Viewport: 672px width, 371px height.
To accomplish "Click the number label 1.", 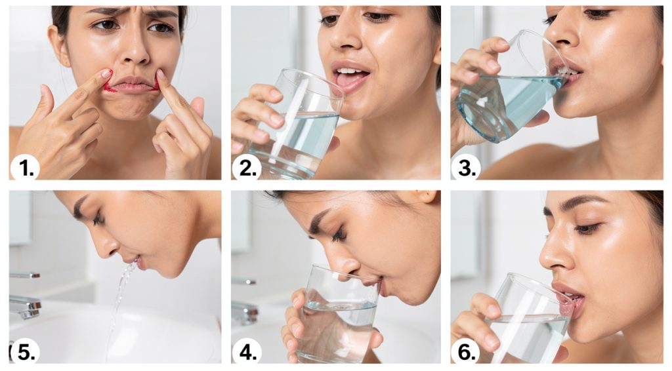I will click(24, 168).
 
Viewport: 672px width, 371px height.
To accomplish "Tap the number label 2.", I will click(247, 168).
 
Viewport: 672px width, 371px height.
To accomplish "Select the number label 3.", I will click(466, 168).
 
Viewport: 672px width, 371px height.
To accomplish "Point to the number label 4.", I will click(247, 352).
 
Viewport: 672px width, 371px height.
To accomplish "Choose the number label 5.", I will click(24, 352).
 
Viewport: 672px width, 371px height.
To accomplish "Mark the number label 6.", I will click(466, 352).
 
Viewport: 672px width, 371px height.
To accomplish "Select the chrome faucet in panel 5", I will click(25, 305).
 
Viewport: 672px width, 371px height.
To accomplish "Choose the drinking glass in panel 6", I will click(525, 321).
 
